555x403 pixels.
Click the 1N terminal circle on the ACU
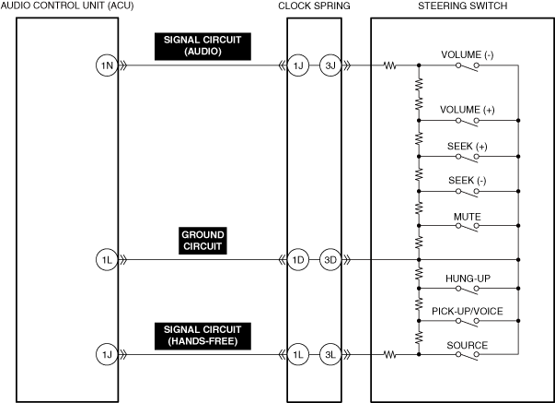pos(107,65)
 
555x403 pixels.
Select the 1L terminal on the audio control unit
pos(107,260)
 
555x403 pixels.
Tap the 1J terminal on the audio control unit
pos(107,353)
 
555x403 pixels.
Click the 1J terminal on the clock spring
pos(297,65)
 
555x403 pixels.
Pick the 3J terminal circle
pos(330,65)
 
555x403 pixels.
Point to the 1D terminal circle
pos(297,260)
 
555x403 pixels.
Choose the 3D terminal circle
pos(330,260)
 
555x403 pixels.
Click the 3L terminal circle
pos(330,353)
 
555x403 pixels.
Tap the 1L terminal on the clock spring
pos(297,353)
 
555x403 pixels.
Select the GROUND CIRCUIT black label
pos(202,242)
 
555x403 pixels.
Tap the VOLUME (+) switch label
pos(468,111)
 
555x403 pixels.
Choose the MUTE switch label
pos(468,218)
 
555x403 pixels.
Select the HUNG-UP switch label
pos(468,277)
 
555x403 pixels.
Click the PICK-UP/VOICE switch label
pos(468,312)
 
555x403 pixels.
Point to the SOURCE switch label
pos(468,345)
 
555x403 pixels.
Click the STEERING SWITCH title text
pos(462,6)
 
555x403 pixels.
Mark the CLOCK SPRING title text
pos(313,6)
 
